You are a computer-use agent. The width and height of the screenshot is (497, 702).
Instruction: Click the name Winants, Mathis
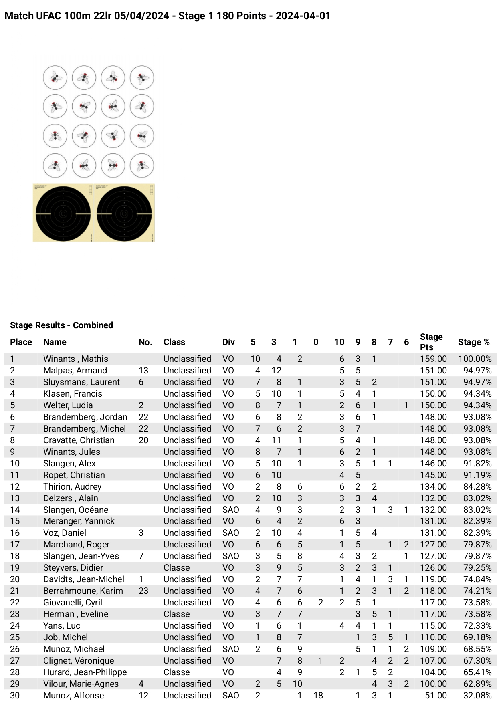pos(76,359)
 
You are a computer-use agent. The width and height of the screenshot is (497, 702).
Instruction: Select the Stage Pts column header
pos(431,342)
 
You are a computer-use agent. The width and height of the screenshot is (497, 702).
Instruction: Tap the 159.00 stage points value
pos(433,359)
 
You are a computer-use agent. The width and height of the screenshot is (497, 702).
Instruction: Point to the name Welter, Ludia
pos(68,405)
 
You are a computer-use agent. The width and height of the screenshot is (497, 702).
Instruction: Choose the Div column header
pos(228,342)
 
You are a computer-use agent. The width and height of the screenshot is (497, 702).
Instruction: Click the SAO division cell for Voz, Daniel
pos(230,533)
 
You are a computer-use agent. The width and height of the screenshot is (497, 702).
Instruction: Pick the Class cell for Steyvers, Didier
pos(176,567)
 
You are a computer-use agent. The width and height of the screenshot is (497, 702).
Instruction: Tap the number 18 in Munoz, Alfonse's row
pos(318,695)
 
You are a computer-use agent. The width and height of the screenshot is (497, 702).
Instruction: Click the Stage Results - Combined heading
pos(61,325)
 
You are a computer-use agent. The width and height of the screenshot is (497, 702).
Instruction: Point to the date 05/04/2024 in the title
pos(141,16)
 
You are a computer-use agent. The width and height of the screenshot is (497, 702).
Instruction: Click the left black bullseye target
pos(63,213)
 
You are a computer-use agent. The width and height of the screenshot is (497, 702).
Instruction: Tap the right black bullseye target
pos(124,213)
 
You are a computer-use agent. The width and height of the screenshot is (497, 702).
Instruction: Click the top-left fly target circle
pos(55,77)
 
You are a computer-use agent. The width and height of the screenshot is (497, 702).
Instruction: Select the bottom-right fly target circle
pos(142,165)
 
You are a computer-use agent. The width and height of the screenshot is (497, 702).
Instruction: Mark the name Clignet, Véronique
pos(79,660)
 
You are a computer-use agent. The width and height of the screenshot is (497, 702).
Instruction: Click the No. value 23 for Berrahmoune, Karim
pos(143,591)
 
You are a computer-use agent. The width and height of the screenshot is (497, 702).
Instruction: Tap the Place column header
pos(21,342)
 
